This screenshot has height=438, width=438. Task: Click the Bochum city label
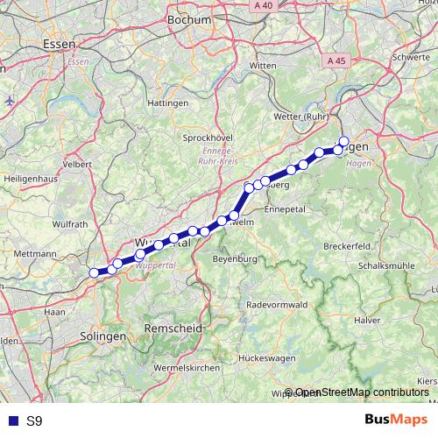coord(188,19)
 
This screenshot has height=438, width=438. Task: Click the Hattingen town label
coord(169,103)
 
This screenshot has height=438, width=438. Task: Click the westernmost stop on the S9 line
coord(94,272)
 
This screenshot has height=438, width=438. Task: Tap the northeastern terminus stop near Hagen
coord(343,141)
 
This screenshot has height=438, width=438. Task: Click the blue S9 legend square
coord(11,421)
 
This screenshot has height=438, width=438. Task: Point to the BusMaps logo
coord(395,420)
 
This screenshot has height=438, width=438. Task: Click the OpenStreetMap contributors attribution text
coord(361,393)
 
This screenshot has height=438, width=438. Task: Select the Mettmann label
coord(35,253)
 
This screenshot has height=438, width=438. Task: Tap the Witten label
coord(263,66)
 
